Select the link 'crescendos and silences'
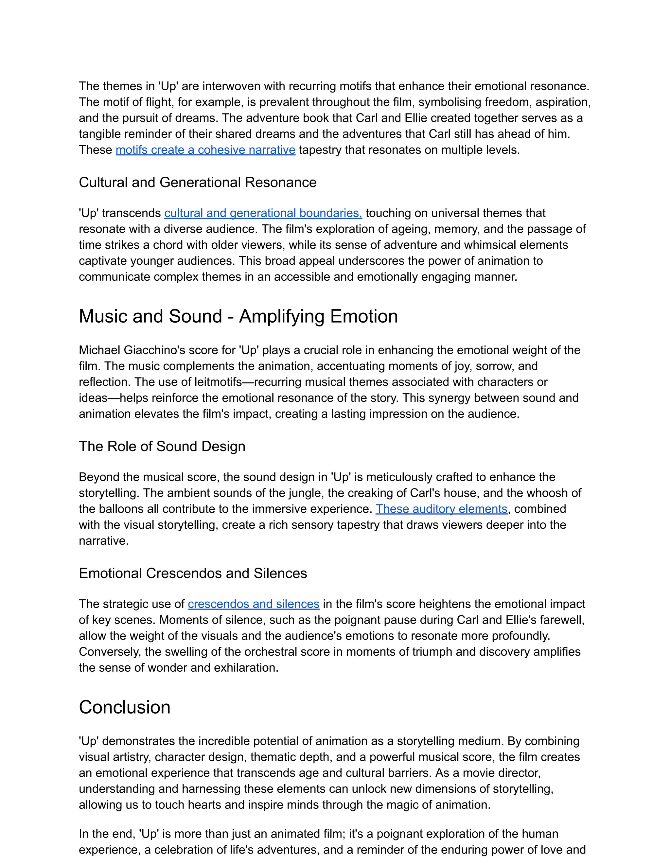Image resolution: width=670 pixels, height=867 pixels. (x=253, y=604)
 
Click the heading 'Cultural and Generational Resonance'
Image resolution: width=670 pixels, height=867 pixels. (x=197, y=182)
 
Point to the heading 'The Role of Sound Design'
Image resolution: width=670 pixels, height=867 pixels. (x=162, y=446)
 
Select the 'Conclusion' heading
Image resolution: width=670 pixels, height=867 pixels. (x=124, y=707)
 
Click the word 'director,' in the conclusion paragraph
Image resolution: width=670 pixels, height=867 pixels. (x=520, y=773)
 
